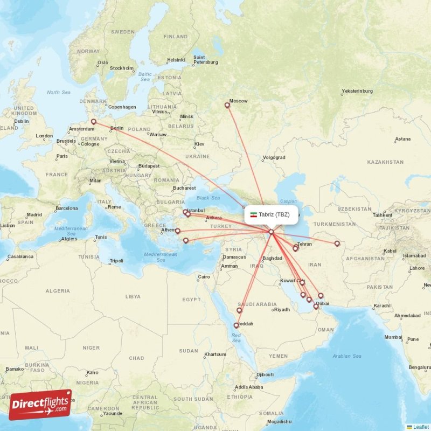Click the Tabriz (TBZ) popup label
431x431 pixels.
coord(270,214)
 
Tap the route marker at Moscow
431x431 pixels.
coord(227,106)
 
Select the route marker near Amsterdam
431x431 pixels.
coord(94,122)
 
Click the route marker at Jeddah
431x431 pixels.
coord(236,325)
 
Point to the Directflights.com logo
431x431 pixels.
coord(40,405)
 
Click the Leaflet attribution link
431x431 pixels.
coord(421,427)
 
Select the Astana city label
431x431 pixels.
coord(402,139)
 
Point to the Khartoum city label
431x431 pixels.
coord(215,354)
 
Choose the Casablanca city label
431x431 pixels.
coord(21,256)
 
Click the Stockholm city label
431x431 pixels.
coord(122,68)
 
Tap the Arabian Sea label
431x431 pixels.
coord(347,356)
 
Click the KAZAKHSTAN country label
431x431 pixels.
coord(385,162)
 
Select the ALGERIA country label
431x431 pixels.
coord(58,291)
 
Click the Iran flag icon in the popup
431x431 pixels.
coord(254,214)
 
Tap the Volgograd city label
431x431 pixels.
coord(274,157)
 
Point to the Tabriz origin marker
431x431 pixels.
coord(272,232)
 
